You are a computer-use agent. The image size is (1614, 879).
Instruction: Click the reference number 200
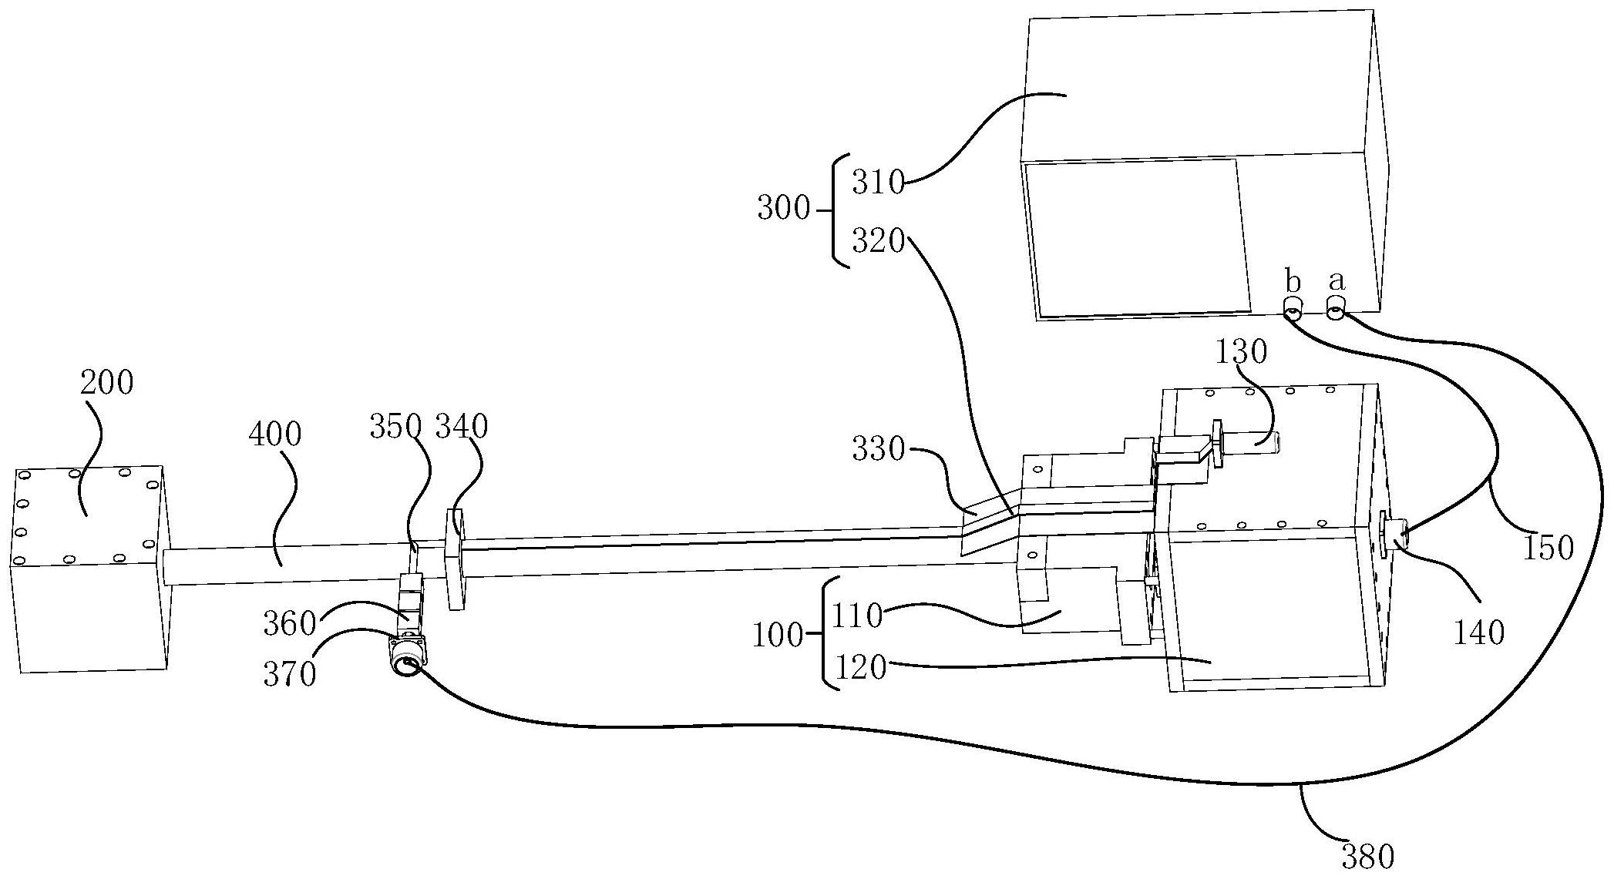107,383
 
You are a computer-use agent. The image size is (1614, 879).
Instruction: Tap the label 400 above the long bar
275,434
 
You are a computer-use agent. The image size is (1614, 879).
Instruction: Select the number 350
395,426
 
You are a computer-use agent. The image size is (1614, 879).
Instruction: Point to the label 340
462,426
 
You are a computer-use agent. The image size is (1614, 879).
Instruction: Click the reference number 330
878,449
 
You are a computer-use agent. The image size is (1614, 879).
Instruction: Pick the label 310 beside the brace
878,183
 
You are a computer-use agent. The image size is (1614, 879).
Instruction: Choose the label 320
878,242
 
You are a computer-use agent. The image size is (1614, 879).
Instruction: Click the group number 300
783,209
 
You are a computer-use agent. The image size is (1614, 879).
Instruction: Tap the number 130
1242,352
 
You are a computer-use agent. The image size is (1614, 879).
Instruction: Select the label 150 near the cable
1546,547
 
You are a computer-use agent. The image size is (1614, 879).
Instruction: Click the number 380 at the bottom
1368,857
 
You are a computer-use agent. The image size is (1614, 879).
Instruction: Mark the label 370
290,675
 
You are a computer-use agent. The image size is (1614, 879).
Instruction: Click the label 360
290,623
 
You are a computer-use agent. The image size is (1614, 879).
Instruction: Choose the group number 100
778,636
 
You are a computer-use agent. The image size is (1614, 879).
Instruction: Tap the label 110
856,616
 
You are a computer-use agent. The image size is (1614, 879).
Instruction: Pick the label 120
861,668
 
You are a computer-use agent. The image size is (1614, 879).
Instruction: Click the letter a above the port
1337,281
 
